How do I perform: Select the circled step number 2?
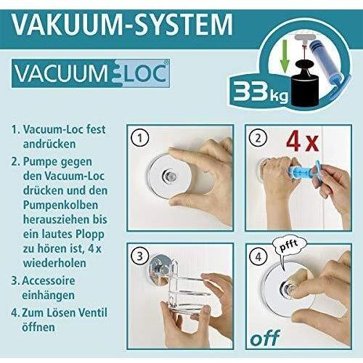tap(256, 138)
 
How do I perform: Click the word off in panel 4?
tap(265, 338)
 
